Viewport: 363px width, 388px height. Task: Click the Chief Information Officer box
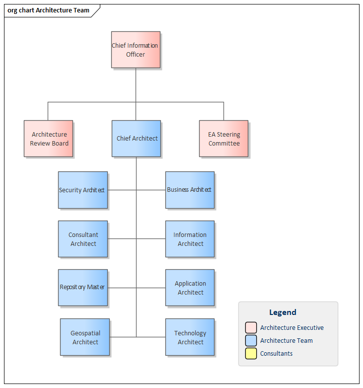[136, 50]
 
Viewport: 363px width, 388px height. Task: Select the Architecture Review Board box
[49, 139]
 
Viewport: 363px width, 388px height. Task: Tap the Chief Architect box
[137, 139]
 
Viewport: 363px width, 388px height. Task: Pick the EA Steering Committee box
[223, 139]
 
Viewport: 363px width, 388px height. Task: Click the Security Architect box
[82, 190]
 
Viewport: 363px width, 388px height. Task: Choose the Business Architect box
[190, 190]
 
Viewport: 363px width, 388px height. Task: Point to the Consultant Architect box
[82, 239]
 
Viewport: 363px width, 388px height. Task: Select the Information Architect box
[190, 239]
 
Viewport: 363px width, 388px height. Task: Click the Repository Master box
[82, 288]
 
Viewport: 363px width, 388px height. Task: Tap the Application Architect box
[190, 288]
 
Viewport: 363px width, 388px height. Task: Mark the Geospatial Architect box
[85, 337]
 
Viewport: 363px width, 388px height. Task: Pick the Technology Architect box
[190, 337]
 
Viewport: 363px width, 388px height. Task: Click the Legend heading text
[283, 312]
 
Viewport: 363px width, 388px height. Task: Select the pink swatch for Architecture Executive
[251, 328]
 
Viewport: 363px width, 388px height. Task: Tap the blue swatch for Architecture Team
[251, 341]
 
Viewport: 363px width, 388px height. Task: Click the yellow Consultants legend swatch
[251, 354]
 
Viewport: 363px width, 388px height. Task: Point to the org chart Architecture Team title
[48, 10]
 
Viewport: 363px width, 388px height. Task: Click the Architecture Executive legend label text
[291, 328]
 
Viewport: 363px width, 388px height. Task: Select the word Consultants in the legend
[276, 354]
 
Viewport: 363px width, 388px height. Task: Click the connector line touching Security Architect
[122, 190]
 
